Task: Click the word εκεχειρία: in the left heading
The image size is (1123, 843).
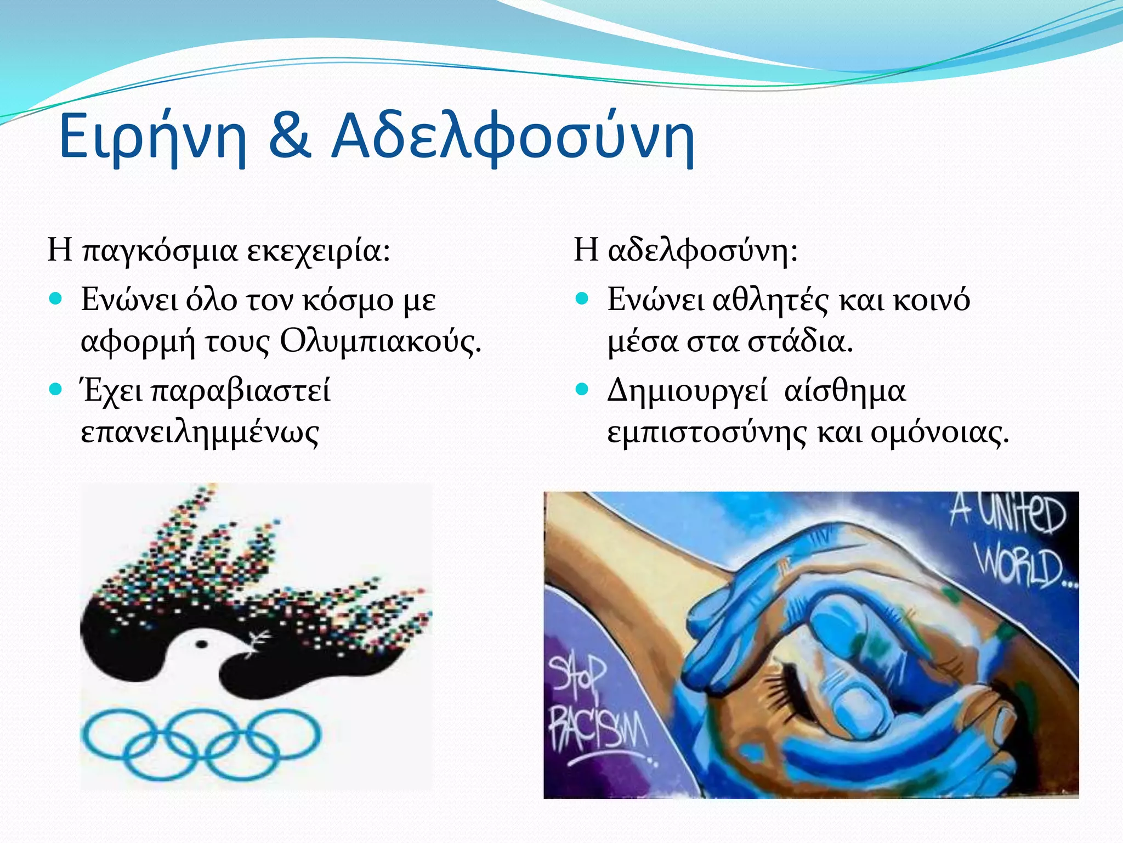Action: pyautogui.click(x=318, y=251)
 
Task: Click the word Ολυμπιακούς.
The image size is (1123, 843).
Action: pyautogui.click(x=380, y=341)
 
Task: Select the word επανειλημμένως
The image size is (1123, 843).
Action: pyautogui.click(x=200, y=432)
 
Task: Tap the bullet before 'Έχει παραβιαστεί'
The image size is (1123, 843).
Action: pyautogui.click(x=56, y=390)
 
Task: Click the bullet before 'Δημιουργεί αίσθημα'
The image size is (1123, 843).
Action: pyautogui.click(x=582, y=390)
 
